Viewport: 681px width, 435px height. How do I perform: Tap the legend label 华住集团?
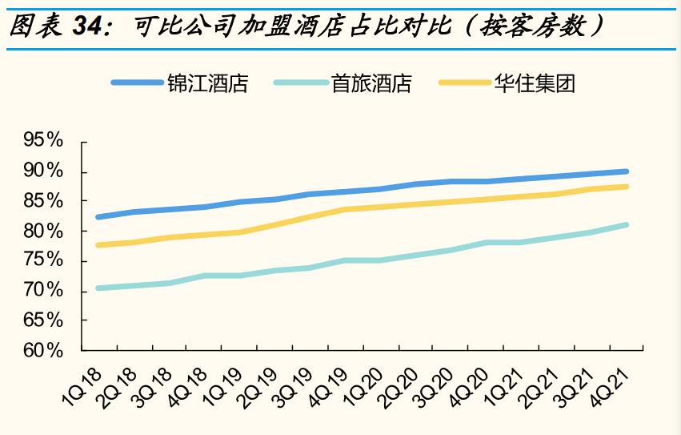pos(535,83)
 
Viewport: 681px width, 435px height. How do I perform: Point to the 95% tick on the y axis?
pos(43,141)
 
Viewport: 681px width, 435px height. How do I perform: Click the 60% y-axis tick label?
pos(43,351)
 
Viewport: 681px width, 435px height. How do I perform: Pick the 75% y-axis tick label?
pos(43,261)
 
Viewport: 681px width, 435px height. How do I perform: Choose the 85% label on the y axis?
pos(43,201)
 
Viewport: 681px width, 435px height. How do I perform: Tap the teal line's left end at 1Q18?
pos(98,288)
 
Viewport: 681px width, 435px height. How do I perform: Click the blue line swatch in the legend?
pos(137,83)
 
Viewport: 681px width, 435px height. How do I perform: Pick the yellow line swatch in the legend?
pos(464,83)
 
